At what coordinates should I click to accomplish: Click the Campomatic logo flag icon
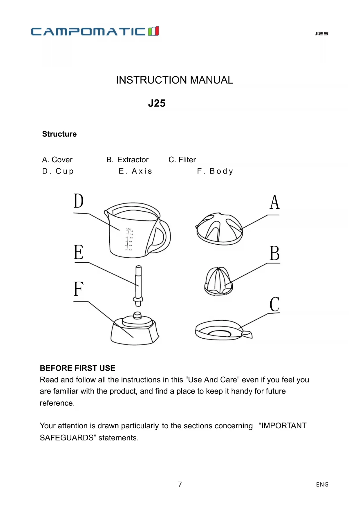[153, 31]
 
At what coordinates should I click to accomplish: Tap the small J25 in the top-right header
[322, 34]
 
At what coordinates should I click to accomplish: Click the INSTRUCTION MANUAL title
[174, 80]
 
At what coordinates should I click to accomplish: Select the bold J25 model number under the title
[157, 103]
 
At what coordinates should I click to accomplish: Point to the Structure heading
[59, 134]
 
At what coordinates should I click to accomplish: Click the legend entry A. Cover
[57, 160]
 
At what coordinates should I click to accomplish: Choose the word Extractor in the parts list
[133, 160]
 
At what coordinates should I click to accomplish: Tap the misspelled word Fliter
[187, 160]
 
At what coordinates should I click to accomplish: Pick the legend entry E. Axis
[135, 171]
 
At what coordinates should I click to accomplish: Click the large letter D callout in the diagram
[78, 201]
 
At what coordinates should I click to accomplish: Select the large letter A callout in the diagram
[274, 202]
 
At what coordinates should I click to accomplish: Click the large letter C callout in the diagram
[274, 304]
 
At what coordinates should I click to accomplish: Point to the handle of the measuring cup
[162, 237]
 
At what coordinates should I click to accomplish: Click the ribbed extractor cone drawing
[218, 281]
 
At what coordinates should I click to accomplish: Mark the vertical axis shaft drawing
[139, 284]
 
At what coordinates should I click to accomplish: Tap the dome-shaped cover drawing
[219, 229]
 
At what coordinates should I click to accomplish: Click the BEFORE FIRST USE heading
[77, 368]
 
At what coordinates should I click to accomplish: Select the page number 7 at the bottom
[180, 484]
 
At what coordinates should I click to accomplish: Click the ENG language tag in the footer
[322, 484]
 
